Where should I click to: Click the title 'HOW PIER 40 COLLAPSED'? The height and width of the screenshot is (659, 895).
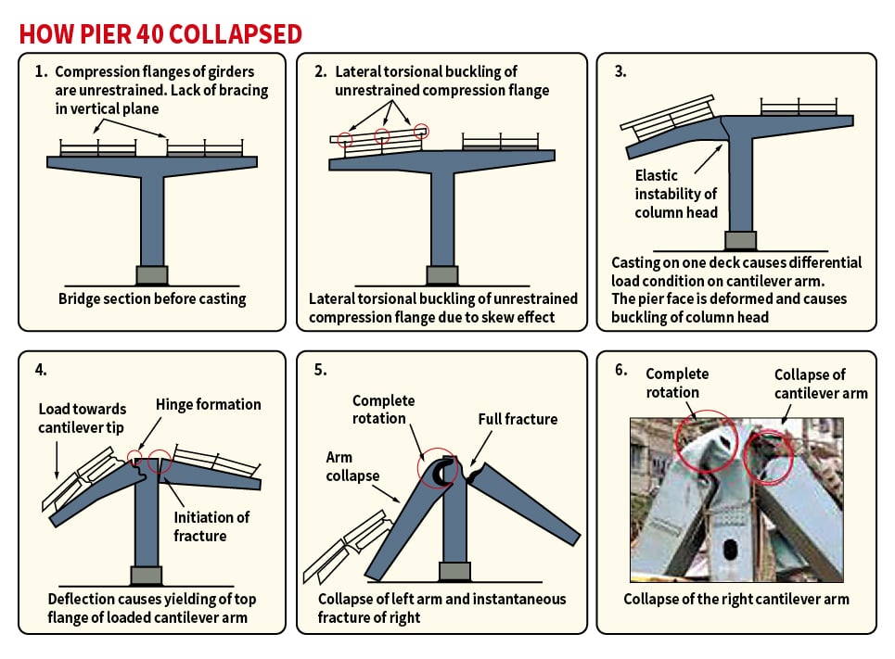[160, 34]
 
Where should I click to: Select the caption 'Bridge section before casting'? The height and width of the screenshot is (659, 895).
[152, 298]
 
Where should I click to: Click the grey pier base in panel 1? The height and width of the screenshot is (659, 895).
[152, 275]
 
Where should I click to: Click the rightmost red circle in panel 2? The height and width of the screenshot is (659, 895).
[422, 131]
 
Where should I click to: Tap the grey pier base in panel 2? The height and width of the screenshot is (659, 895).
[442, 275]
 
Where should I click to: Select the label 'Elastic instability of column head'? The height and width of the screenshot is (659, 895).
[675, 194]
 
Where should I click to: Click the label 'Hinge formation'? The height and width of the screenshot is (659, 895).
[209, 404]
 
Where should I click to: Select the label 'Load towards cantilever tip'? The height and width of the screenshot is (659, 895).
[83, 418]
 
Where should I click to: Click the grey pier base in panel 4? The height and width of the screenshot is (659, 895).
[146, 576]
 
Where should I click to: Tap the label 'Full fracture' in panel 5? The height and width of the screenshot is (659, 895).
[518, 419]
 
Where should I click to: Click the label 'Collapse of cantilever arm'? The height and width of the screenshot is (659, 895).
[821, 384]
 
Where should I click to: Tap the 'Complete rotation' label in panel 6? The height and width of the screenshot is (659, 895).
[677, 383]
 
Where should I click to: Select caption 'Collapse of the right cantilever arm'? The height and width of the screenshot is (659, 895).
[735, 599]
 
